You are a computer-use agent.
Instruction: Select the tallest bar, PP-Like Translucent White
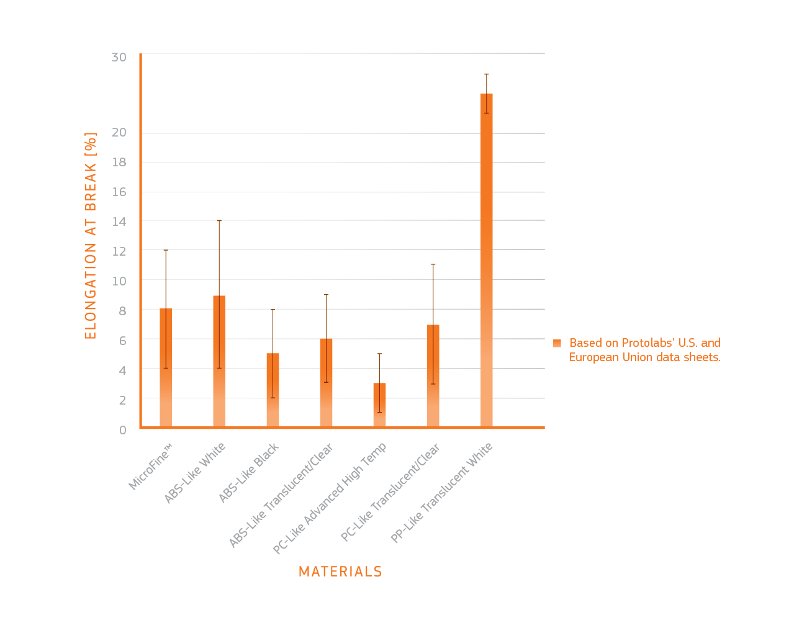point(486,260)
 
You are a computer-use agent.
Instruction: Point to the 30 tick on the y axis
point(119,57)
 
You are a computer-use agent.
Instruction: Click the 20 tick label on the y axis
point(119,132)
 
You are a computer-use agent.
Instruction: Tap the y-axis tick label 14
point(119,222)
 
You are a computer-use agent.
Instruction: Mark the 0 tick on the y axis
point(122,429)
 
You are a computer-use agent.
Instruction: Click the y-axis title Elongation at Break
point(91,236)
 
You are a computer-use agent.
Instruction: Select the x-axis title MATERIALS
point(340,571)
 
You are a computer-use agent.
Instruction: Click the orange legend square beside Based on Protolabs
point(557,343)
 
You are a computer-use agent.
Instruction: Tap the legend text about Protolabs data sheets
point(644,350)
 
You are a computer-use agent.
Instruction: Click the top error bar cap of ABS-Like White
point(219,220)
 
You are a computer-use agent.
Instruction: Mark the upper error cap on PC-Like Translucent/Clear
point(433,264)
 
